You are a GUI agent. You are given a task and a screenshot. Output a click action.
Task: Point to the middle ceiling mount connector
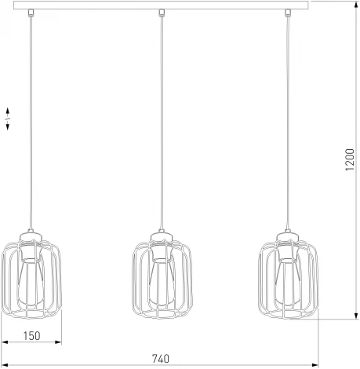tap(161, 13)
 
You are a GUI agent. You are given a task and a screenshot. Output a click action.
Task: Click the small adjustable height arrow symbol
tap(9, 119)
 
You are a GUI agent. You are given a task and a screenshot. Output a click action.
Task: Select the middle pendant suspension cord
tap(161, 118)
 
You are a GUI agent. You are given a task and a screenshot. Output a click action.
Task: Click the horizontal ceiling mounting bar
tap(161, 5)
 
